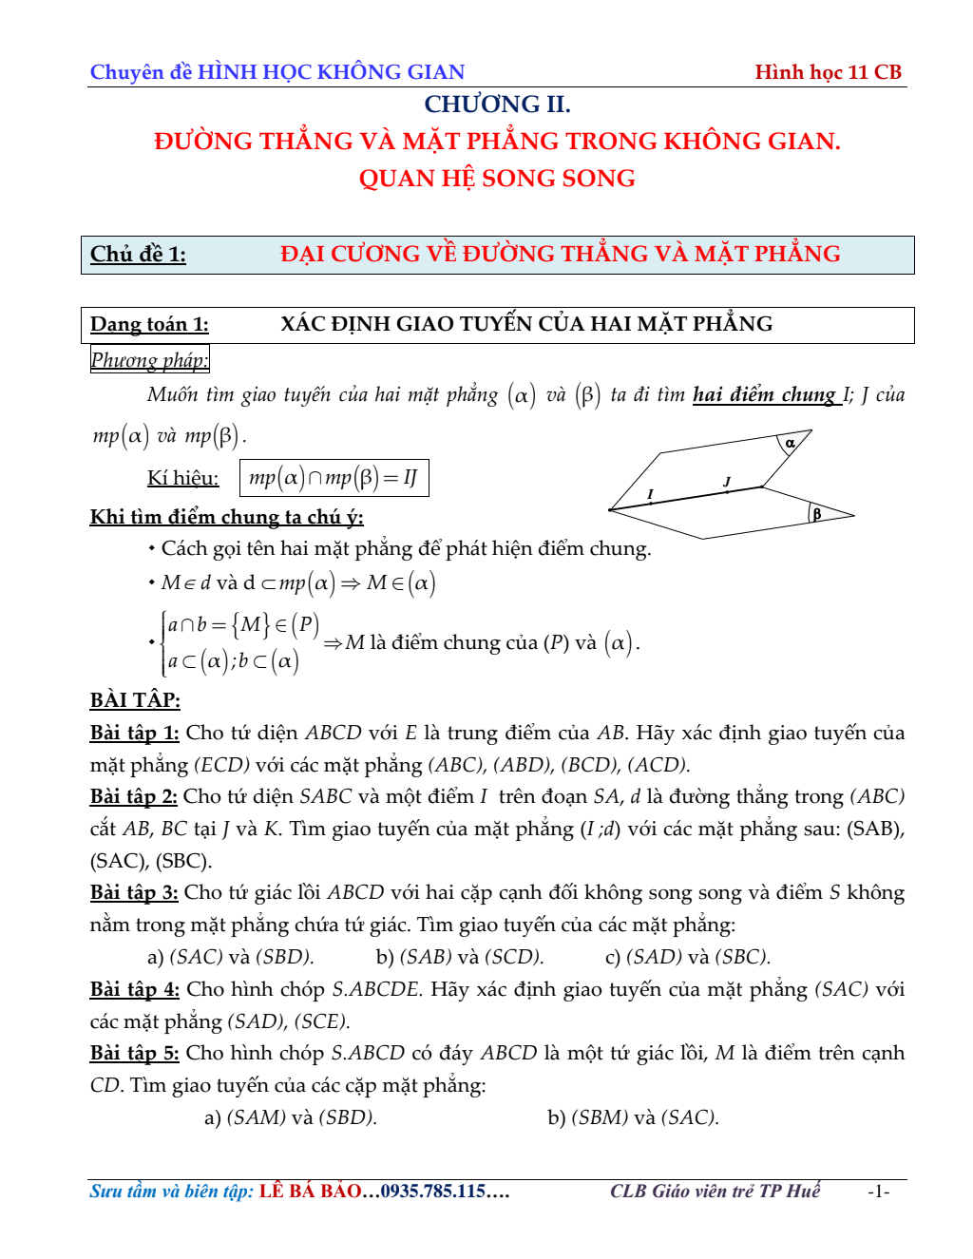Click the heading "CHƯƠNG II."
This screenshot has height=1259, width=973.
coord(497,105)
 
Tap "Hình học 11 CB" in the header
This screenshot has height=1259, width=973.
coord(828,72)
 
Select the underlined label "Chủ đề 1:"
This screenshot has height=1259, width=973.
coord(138,255)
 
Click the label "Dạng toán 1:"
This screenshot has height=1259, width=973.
coord(149,324)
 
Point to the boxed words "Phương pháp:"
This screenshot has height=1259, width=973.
coord(149,360)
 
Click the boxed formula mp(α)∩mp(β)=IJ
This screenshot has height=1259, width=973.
coord(334,478)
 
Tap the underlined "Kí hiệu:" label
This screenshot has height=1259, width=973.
coord(182,478)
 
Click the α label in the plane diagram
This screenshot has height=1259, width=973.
coord(790,443)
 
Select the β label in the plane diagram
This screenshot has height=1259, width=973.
coord(816,514)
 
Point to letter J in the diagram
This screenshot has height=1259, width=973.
coord(727,482)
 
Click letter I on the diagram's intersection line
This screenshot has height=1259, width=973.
coord(650,494)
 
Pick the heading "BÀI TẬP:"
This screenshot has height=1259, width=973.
coord(135,700)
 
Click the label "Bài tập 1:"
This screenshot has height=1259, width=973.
coord(134,733)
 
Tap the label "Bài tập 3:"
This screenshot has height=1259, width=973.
coord(134,892)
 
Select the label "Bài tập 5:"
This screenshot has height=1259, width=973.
coord(134,1053)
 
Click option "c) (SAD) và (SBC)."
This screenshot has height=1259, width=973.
coord(687,957)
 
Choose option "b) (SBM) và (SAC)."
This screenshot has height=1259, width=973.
coord(633,1117)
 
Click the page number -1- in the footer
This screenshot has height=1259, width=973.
coord(878,1192)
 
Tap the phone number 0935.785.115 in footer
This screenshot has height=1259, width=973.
coord(433,1192)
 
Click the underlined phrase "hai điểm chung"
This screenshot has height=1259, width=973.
coord(764,394)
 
